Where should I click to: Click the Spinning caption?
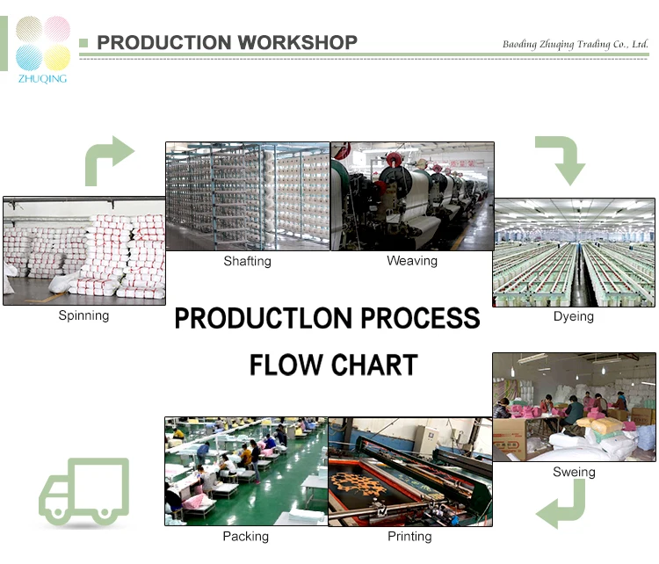83,315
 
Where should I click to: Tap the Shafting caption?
247,261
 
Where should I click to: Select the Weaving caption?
411,261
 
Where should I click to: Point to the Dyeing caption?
574,316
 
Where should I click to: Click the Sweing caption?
574,472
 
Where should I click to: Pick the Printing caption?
409,536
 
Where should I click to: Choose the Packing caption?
246,536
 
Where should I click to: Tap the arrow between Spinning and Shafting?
108,161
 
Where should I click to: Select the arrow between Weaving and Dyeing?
560,159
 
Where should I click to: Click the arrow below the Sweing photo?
561,506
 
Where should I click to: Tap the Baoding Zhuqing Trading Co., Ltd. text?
575,44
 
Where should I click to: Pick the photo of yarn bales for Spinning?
83,250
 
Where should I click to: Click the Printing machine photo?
409,471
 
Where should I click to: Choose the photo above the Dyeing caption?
574,252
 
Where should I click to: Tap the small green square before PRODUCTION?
84,42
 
